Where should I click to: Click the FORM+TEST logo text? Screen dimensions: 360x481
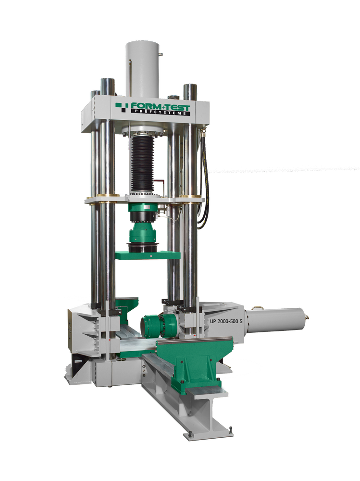tap(161, 107)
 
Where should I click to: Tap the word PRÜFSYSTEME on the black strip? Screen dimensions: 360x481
tap(161, 113)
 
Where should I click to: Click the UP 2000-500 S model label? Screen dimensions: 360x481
tap(226, 321)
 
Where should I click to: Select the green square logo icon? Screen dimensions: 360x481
tap(122, 106)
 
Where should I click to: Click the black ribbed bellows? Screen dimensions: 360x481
tap(141, 165)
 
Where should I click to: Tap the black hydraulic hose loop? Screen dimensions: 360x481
tap(204, 181)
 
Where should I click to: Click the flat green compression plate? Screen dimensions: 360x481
tap(148, 255)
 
